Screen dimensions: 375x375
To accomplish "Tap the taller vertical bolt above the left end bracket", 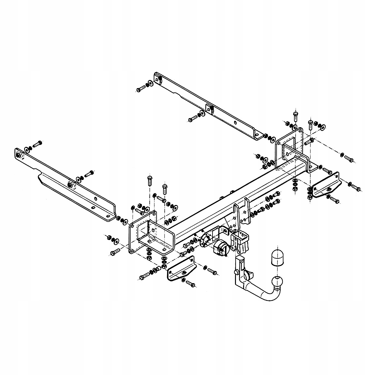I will point(149,181).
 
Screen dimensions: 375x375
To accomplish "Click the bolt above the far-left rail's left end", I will point(38,144).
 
